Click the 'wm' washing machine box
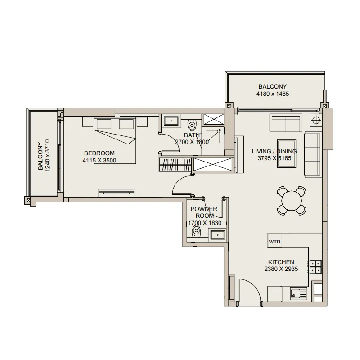tap(274, 241)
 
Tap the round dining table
tap(292, 201)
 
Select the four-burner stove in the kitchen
tap(316, 267)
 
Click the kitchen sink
tap(298, 293)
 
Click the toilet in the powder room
tap(196, 231)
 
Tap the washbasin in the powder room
tap(217, 234)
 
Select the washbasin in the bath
tap(171, 121)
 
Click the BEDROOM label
tap(99, 153)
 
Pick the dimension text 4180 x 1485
tap(273, 94)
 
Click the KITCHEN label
tap(281, 262)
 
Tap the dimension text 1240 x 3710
tap(48, 155)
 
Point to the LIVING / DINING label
tap(274, 151)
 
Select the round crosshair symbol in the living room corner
tap(316, 120)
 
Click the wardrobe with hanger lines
tap(175, 165)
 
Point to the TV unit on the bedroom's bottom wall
tap(117, 193)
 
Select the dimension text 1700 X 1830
tap(205, 223)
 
